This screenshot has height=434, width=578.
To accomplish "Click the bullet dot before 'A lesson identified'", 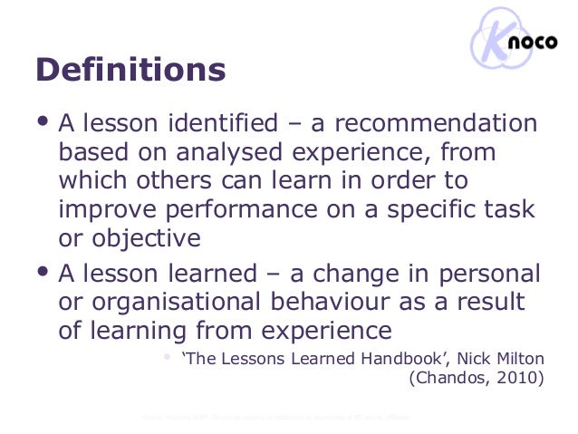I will tap(43, 121).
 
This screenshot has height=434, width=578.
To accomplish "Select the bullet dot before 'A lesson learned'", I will tap(43, 271).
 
